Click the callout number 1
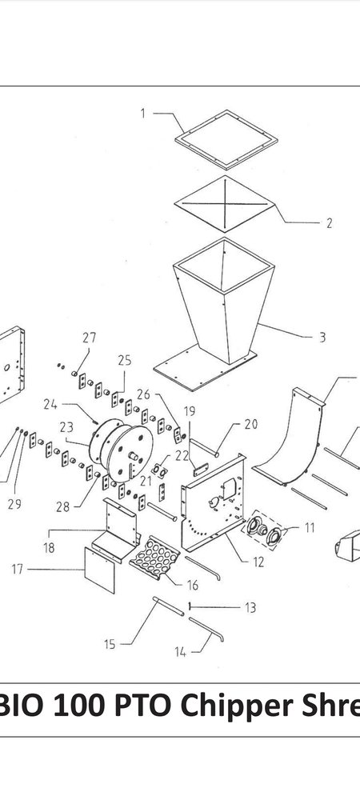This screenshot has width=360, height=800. point(143,114)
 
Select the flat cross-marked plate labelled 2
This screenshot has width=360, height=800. point(224,204)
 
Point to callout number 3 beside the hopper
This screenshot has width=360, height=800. point(322,338)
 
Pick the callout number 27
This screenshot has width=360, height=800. point(90,338)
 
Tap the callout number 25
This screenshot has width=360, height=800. point(125,361)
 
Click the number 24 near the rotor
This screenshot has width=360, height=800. point(50,405)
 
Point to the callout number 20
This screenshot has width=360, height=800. point(251,424)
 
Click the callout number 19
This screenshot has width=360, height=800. point(189,411)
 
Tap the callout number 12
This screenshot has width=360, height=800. point(258,562)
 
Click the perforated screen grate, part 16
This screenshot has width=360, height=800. point(154,557)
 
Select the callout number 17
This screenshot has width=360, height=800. point(18,569)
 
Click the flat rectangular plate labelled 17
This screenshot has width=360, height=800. point(99,570)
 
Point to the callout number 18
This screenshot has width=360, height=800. point(49,548)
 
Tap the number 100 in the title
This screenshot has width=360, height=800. point(80,706)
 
